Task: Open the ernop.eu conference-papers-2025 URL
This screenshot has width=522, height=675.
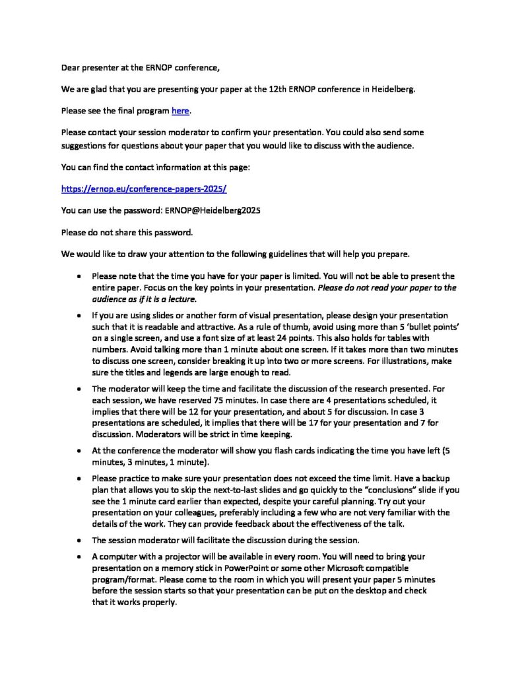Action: [143, 188]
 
